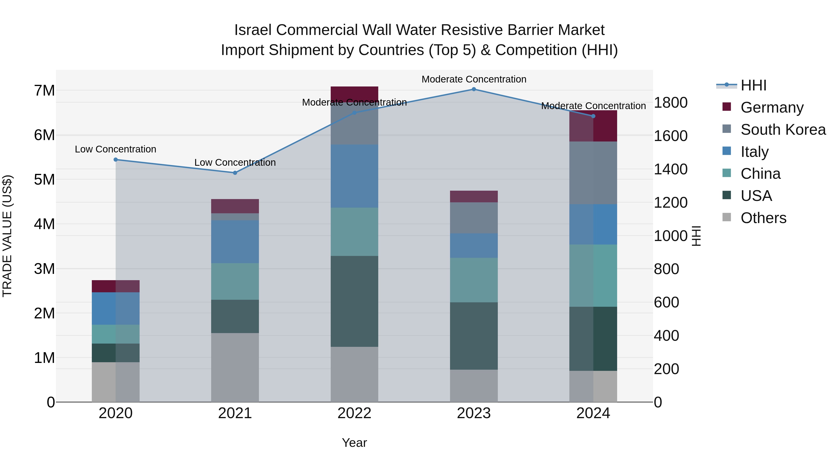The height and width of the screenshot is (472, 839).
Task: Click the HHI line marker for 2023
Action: pos(474,89)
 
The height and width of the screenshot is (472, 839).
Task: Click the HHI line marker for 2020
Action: pos(116,160)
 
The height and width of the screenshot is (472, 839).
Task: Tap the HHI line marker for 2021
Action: pos(235,173)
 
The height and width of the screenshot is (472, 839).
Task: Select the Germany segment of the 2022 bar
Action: pos(354,94)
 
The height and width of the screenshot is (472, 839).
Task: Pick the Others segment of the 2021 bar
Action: pos(235,367)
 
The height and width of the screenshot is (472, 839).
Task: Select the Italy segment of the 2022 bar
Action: pos(354,176)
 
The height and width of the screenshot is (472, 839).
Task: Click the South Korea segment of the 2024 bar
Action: pos(593,173)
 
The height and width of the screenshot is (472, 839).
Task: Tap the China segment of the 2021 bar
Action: pos(235,281)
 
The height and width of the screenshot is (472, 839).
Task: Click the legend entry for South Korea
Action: pos(783,130)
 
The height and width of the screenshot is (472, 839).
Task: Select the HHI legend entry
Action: pos(753,85)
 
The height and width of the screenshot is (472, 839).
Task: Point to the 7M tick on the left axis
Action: pos(45,91)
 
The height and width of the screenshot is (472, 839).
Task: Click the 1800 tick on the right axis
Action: pos(671,103)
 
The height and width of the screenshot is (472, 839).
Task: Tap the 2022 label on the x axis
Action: pos(354,413)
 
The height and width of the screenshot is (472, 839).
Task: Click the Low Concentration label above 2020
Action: pos(116,149)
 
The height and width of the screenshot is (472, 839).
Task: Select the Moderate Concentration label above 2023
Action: pos(474,79)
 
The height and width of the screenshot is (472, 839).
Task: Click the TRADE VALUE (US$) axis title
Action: pos(7,236)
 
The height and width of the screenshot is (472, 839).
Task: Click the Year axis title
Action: pos(354,443)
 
